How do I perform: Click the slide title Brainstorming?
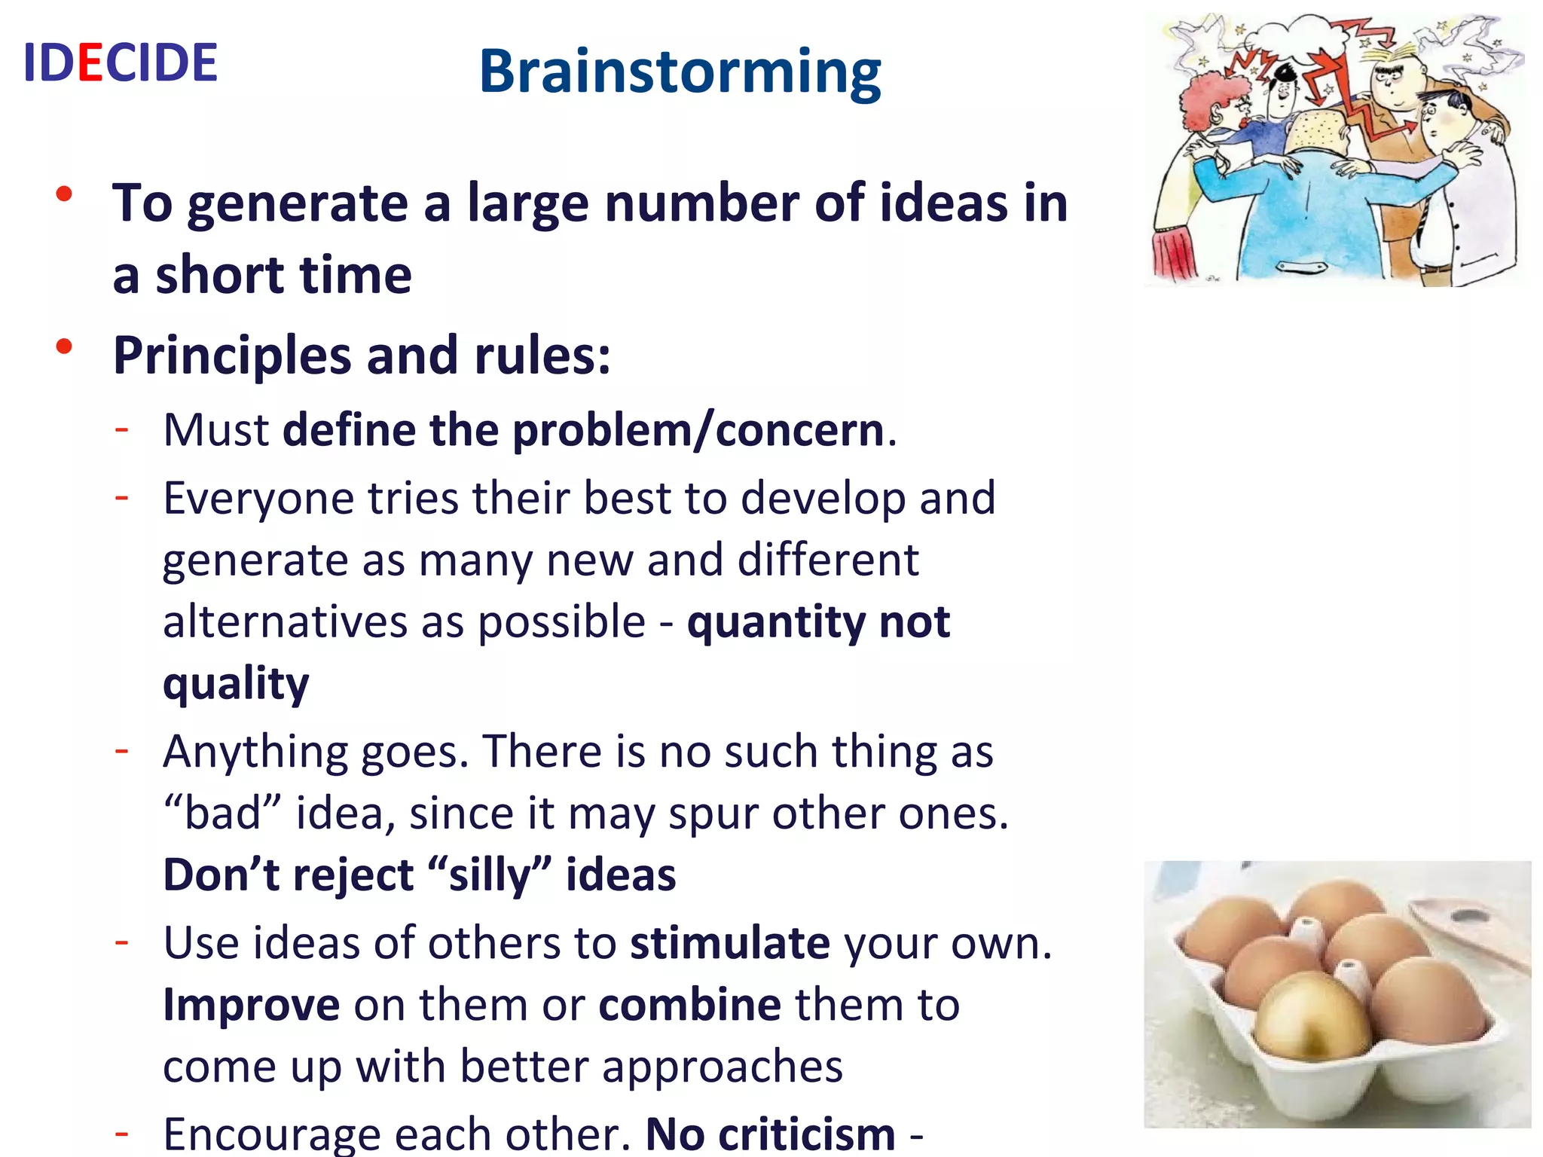pyautogui.click(x=680, y=72)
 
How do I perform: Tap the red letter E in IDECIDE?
pyautogui.click(x=90, y=63)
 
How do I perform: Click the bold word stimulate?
pyautogui.click(x=730, y=943)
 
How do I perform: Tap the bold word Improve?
pyautogui.click(x=251, y=1005)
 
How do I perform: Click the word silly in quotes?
pyautogui.click(x=489, y=875)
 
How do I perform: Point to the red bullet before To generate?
pyautogui.click(x=64, y=194)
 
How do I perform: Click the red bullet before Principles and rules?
pyautogui.click(x=64, y=346)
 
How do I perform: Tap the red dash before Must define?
pyautogui.click(x=121, y=429)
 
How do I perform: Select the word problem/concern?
pyautogui.click(x=698, y=431)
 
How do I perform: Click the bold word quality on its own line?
pyautogui.click(x=236, y=684)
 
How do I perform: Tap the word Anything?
pyautogui.click(x=255, y=752)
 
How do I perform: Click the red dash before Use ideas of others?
pyautogui.click(x=121, y=942)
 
